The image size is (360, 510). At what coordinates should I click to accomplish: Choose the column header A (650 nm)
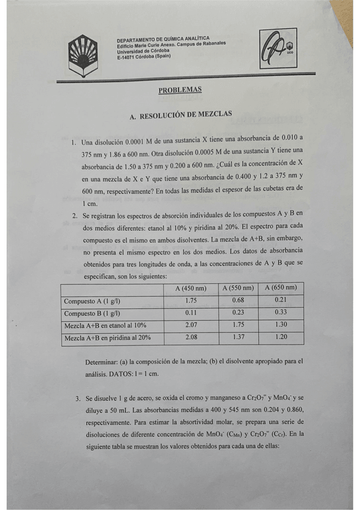[x=280, y=288]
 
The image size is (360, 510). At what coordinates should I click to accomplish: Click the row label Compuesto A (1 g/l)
[x=92, y=300]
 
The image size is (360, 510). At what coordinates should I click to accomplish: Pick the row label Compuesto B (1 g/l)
[x=92, y=313]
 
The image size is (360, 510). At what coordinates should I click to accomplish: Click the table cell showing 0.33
[x=280, y=313]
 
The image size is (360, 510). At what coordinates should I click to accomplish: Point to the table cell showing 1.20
[x=280, y=337]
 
